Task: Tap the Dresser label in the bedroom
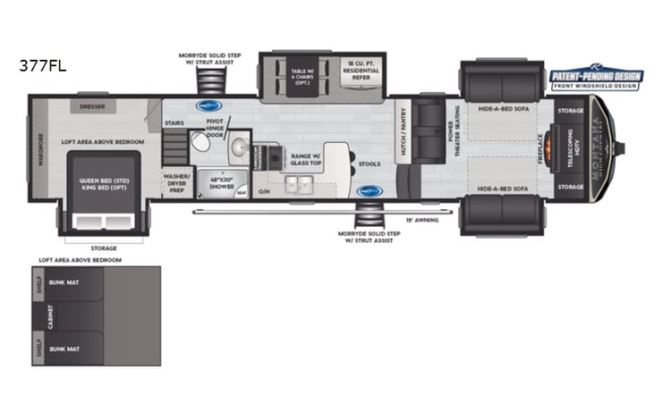click(92, 106)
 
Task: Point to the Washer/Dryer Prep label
click(176, 181)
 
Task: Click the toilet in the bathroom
click(237, 148)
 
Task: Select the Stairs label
click(174, 122)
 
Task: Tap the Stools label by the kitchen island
click(368, 163)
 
